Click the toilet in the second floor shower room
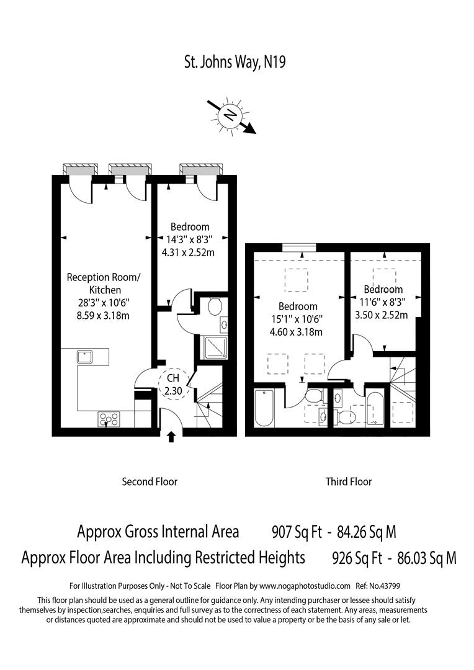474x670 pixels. pyautogui.click(x=215, y=305)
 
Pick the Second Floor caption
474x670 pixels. pyautogui.click(x=150, y=481)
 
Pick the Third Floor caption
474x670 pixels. pyautogui.click(x=349, y=481)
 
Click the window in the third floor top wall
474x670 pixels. pyautogui.click(x=297, y=248)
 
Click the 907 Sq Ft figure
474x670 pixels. pyautogui.click(x=297, y=532)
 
